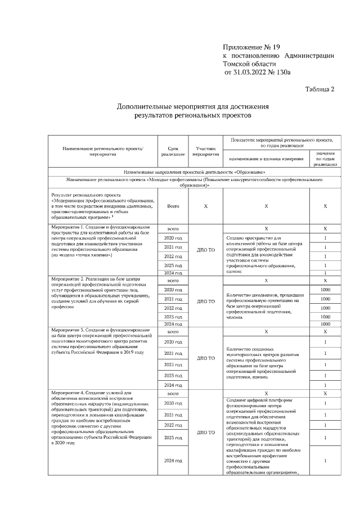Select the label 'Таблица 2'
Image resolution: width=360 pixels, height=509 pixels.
pyautogui.click(x=319, y=89)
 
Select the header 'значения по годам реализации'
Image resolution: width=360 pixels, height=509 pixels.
pyautogui.click(x=325, y=159)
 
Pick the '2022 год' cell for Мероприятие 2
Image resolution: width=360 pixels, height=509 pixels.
pyautogui.click(x=173, y=308)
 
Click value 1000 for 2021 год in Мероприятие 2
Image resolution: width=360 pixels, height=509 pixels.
pyautogui.click(x=325, y=299)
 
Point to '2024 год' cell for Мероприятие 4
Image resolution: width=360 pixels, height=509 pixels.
pyautogui.click(x=173, y=461)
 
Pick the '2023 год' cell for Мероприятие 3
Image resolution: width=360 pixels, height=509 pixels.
pyautogui.click(x=173, y=375)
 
